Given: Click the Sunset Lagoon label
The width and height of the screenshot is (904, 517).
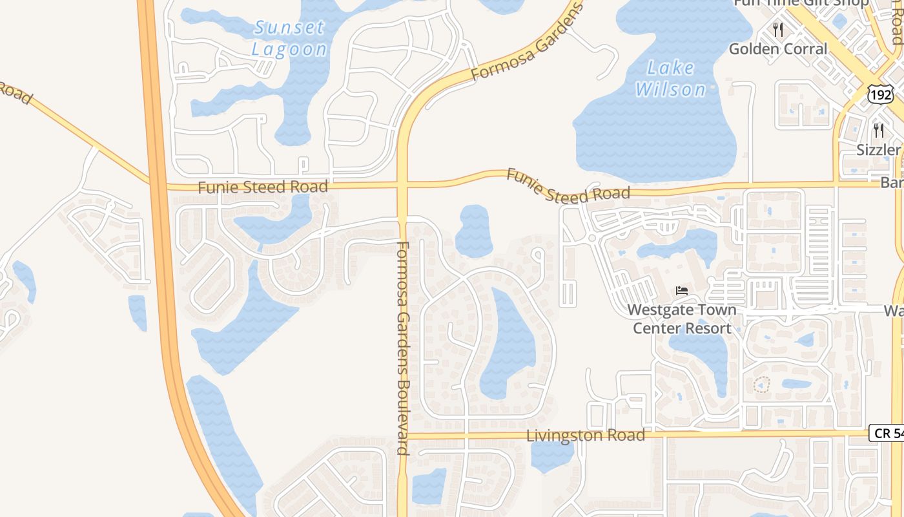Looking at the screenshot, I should [x=289, y=38].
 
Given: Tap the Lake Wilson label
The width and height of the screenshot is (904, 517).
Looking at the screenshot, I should [x=671, y=78].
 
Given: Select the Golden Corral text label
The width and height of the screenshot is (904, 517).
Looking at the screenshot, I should [x=777, y=49].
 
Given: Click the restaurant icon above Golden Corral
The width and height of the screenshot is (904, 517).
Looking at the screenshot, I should [x=778, y=30].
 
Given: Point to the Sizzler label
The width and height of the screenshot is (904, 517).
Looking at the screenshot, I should [x=878, y=150].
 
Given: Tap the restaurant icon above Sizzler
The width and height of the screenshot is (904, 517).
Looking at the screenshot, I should [x=878, y=131].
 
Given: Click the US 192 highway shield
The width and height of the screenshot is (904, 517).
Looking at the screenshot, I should [x=880, y=95].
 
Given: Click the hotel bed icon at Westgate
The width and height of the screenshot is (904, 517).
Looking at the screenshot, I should [x=682, y=291].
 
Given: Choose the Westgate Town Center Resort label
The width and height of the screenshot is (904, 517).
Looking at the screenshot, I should [x=682, y=319].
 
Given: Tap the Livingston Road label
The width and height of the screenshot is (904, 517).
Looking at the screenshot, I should [x=586, y=436].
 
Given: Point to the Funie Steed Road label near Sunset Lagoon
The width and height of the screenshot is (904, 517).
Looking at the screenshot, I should [x=263, y=187].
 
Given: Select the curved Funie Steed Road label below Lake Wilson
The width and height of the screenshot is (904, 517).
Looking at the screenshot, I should [x=568, y=185].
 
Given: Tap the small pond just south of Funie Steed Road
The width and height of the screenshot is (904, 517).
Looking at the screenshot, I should [x=474, y=231].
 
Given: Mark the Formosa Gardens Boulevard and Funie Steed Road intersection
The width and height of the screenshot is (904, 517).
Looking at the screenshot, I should [x=402, y=186].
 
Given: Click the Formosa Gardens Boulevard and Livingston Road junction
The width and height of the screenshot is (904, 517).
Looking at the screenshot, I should [x=402, y=436].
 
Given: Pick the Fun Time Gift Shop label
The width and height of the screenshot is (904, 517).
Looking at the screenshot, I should [x=801, y=3].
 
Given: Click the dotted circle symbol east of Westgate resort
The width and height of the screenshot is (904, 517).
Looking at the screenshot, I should [x=762, y=385].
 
